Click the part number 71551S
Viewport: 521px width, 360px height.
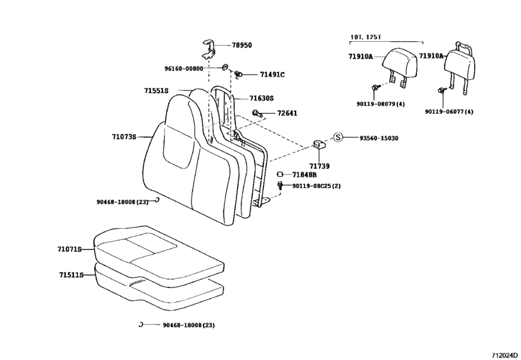pos(156,91)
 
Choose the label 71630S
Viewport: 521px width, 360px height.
pos(261,98)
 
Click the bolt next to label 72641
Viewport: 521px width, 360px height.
pos(256,114)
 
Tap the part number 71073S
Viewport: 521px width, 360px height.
pos(124,137)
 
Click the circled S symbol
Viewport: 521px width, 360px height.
pos(339,138)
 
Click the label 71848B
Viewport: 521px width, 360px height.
pos(304,175)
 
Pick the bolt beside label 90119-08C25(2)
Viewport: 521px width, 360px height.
pos(280,186)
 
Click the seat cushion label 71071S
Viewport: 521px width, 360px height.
pos(71,248)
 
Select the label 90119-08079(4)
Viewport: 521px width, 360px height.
pos(381,104)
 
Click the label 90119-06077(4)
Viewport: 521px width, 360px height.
pos(448,111)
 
